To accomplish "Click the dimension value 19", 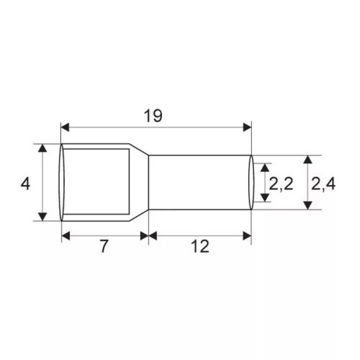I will coord(153,115).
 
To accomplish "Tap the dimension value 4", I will coord(25,184).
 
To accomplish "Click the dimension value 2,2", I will coord(280,184).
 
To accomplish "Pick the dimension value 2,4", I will coord(323,184).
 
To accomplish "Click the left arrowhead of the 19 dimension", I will coord(65,127).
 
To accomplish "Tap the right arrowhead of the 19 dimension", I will coord(248,127).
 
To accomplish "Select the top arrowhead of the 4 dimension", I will coord(43,148).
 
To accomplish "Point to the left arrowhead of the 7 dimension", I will coord(66,235).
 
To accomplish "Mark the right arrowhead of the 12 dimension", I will coord(248,235).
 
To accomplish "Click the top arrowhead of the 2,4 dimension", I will coord(308,159).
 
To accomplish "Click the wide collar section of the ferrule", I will coord(97,183).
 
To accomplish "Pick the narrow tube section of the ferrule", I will coord(198,183).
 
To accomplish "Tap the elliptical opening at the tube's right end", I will coord(252,183).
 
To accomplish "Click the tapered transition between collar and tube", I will coord(140,183).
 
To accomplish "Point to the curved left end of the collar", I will coord(61,183).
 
